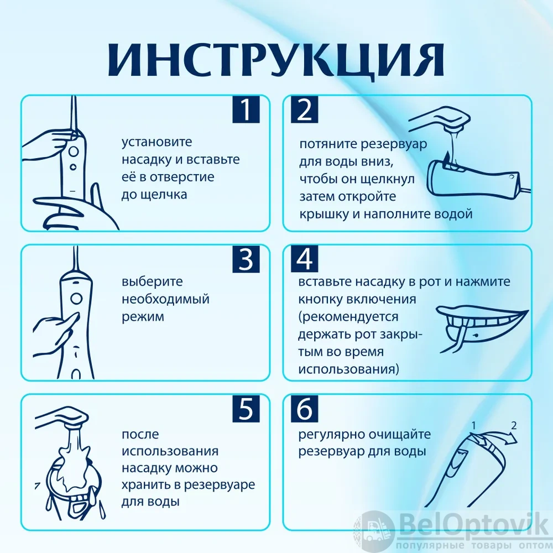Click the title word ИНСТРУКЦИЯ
tap(276, 60)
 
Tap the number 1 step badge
tap(246, 109)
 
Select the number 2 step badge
tap(304, 109)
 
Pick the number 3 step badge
tap(246, 259)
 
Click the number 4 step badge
tap(304, 259)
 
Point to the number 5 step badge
tap(246, 409)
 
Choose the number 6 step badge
tap(304, 409)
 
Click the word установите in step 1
tap(157, 142)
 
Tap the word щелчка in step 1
tap(164, 195)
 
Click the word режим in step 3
tap(143, 317)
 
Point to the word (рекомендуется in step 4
tap(348, 317)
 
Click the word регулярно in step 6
tap(331, 435)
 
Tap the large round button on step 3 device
tap(76, 299)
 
